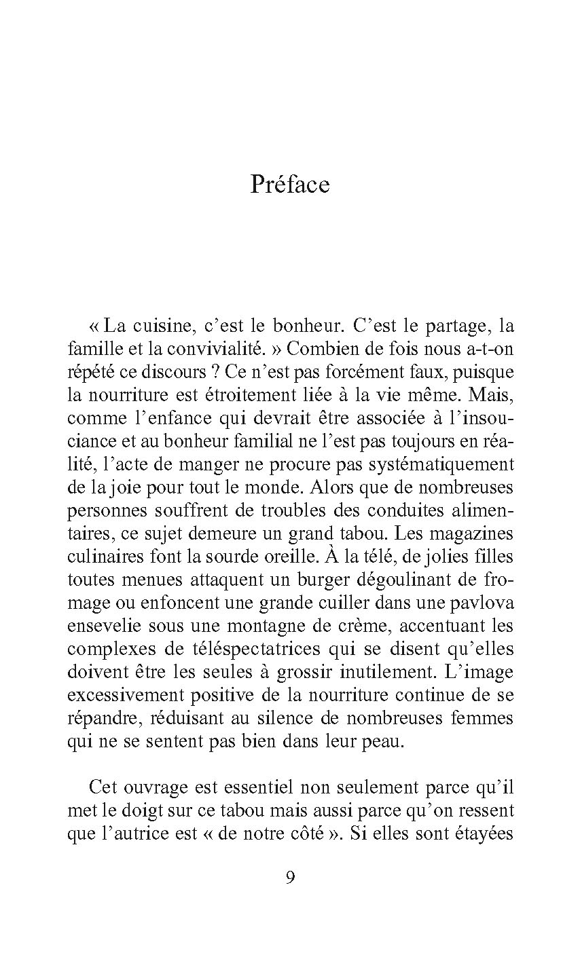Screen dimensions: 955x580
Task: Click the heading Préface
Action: point(290,185)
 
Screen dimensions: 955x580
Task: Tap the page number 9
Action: point(290,878)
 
